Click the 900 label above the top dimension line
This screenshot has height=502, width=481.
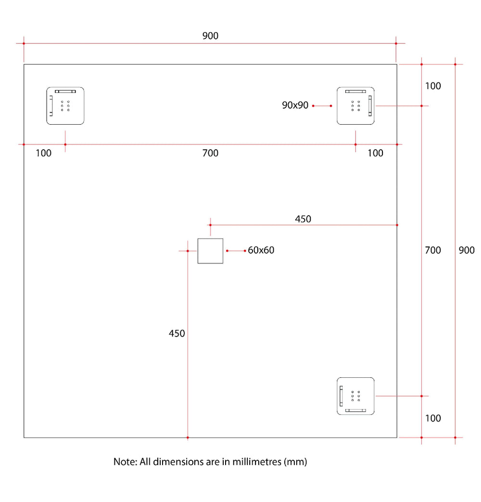[x=210, y=36]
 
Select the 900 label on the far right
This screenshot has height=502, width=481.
[x=467, y=250]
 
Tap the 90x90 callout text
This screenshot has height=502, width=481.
[x=295, y=105]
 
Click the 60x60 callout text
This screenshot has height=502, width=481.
[x=261, y=250]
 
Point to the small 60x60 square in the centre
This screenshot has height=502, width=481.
[x=210, y=251]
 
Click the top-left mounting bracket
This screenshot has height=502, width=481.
[x=65, y=106]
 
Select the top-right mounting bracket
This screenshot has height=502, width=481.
[x=355, y=106]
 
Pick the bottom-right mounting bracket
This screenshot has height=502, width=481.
[x=355, y=396]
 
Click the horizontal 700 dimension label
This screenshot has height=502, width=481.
[x=210, y=153]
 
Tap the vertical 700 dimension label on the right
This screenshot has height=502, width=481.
[x=433, y=250]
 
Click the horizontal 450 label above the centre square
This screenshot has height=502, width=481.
[x=303, y=219]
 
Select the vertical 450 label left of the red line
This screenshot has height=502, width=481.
[x=177, y=334]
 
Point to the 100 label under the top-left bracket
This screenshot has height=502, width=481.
[x=43, y=153]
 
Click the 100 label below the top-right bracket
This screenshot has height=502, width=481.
[x=375, y=153]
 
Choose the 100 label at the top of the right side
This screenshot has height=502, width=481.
[x=433, y=86]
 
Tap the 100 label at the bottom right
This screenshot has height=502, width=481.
[x=433, y=418]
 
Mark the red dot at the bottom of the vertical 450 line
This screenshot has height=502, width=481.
[x=188, y=438]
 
